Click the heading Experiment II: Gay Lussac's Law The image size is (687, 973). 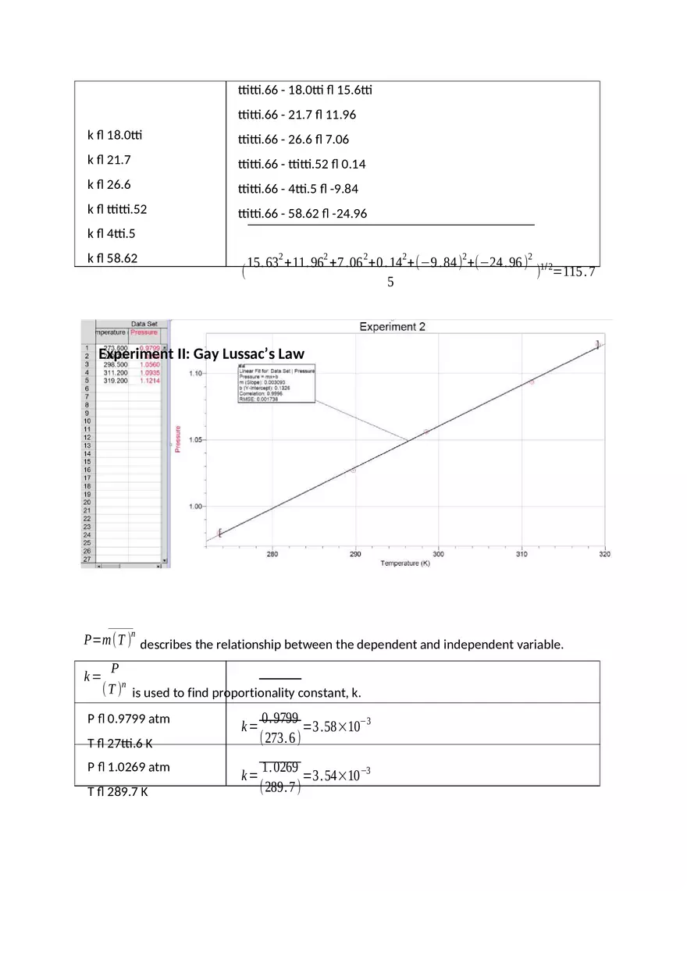click(201, 354)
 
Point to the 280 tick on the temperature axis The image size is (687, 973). click(272, 555)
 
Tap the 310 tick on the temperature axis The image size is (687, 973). click(521, 555)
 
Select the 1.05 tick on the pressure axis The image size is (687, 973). click(195, 440)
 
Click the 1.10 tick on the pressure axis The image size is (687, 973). click(195, 374)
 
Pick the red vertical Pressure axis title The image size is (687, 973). click(179, 439)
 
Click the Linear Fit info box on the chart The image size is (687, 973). click(271, 382)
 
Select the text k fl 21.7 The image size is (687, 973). click(109, 160)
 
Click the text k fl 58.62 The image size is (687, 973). click(112, 257)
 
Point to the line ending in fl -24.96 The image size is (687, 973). click(302, 213)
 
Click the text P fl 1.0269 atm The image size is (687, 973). click(128, 767)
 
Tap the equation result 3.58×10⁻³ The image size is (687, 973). click(340, 727)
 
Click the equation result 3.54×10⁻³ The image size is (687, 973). click(340, 776)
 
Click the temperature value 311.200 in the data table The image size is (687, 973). click(116, 373)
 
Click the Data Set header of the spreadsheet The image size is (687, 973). click(144, 324)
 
